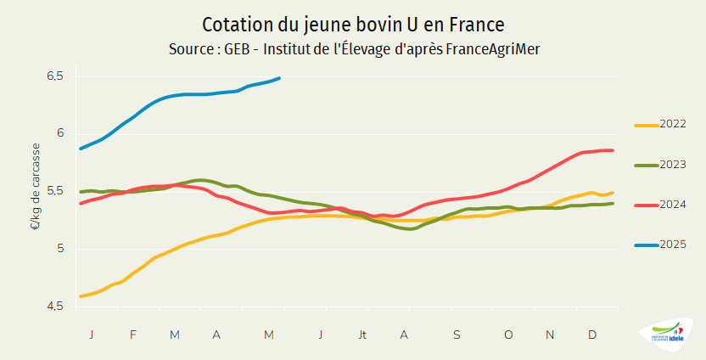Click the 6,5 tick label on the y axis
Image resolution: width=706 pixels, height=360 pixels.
pyautogui.click(x=55, y=76)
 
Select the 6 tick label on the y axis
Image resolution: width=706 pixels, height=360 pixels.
pyautogui.click(x=60, y=133)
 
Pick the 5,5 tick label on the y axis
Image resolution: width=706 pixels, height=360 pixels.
pyautogui.click(x=55, y=191)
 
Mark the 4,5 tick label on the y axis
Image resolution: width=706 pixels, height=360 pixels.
pyautogui.click(x=55, y=306)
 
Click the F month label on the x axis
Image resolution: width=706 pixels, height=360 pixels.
pyautogui.click(x=133, y=335)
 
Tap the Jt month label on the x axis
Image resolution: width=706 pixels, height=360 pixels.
pyautogui.click(x=363, y=335)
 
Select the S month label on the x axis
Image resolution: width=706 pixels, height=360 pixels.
pyautogui.click(x=457, y=335)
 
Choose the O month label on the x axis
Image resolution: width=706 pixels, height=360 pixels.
pyautogui.click(x=508, y=335)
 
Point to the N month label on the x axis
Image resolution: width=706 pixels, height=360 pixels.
pyautogui.click(x=550, y=335)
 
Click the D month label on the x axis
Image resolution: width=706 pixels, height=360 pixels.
pyautogui.click(x=592, y=335)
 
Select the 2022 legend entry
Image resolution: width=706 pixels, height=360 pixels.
pyautogui.click(x=661, y=125)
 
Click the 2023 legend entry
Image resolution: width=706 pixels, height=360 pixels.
pyautogui.click(x=661, y=165)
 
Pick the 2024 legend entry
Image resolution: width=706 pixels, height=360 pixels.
pyautogui.click(x=661, y=205)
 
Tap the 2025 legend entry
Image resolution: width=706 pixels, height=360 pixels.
pyautogui.click(x=661, y=245)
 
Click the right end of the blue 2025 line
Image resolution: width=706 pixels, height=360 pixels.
pyautogui.click(x=279, y=78)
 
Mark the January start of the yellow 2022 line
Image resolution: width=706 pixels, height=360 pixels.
pyautogui.click(x=81, y=296)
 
